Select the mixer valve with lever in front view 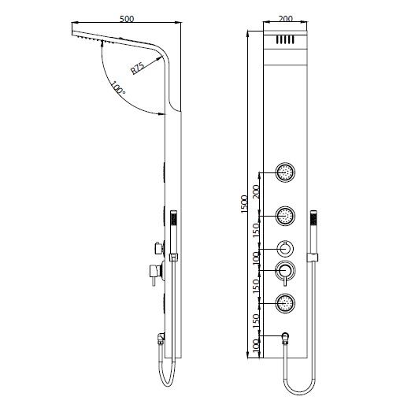pyautogui.click(x=285, y=272)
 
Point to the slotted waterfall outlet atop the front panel pyautogui.click(x=285, y=40)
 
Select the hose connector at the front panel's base pyautogui.click(x=287, y=337)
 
